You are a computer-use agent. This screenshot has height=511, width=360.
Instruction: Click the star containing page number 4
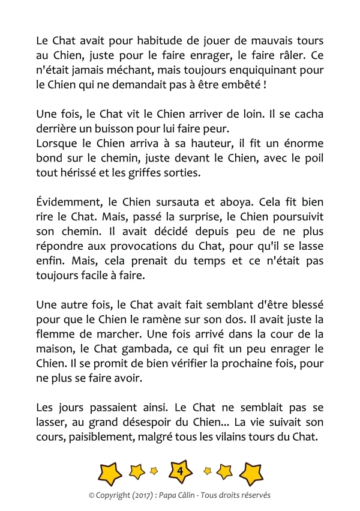180,472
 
